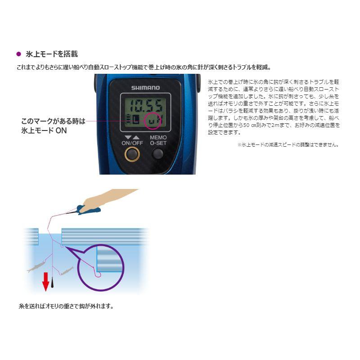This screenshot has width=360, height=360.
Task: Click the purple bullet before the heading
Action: pyautogui.click(x=18, y=54)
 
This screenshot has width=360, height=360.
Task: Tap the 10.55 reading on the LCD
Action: pyautogui.click(x=144, y=106)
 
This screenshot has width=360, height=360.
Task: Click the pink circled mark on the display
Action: pyautogui.click(x=155, y=121)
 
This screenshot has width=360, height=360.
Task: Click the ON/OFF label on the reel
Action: pyautogui.click(x=131, y=143)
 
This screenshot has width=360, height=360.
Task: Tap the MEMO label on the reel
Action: pyautogui.click(x=158, y=138)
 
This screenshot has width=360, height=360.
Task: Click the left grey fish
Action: pyautogui.click(x=35, y=268)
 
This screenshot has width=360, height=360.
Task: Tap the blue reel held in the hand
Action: pyautogui.click(x=88, y=209)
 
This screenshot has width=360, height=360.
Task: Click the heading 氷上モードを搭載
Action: pyautogui.click(x=52, y=54)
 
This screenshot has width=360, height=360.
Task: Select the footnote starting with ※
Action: pyautogui.click(x=288, y=145)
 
